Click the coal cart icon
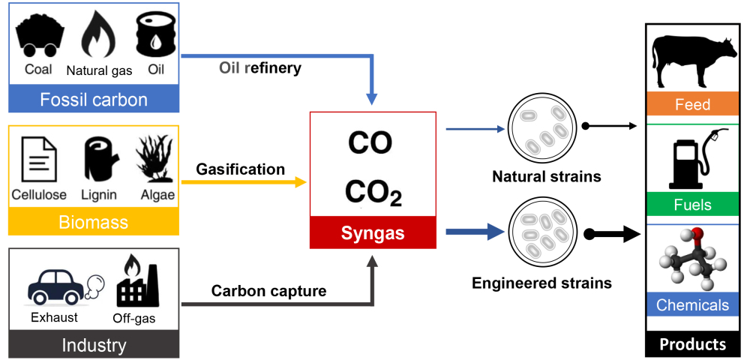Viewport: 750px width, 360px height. tap(38, 35)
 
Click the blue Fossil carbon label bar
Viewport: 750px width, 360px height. tap(94, 100)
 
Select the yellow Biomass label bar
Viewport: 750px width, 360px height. tap(94, 222)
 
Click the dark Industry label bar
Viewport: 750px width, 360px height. tap(94, 345)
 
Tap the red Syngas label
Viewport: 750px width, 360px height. tap(373, 233)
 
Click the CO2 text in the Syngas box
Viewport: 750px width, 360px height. tap(373, 193)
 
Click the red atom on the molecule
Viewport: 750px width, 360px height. tap(697, 237)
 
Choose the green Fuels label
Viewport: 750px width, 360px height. tap(692, 205)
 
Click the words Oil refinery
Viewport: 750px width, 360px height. tap(260, 68)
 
